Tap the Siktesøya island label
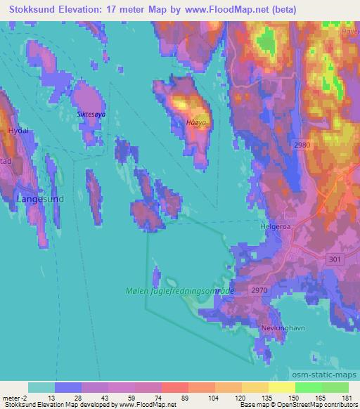(x=91, y=112)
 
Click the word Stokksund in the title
(x=37, y=10)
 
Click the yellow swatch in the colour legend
(x=281, y=387)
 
